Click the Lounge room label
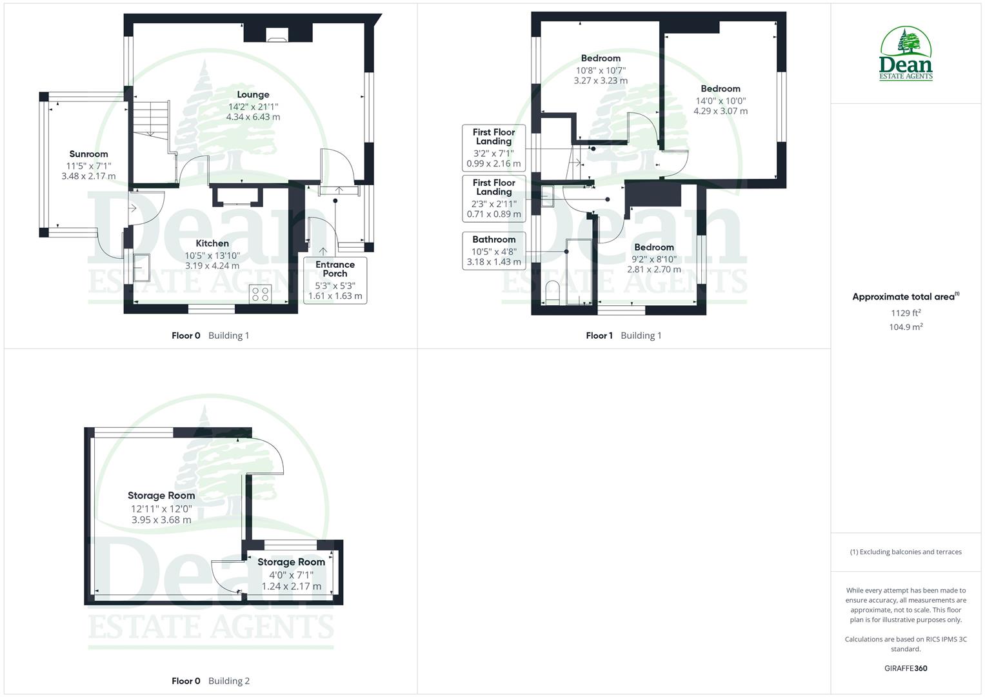pos(253,95)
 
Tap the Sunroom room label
pos(88,154)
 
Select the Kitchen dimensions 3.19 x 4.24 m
pos(212,265)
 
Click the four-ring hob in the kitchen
pos(261,294)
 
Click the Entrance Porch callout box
pos(335,281)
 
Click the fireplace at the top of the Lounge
pos(278,34)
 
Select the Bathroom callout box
pos(493,250)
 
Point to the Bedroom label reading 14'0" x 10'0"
pos(721,100)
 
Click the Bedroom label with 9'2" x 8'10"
pos(653,258)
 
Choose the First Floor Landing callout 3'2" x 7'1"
pos(493,148)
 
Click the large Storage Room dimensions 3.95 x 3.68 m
pos(161,520)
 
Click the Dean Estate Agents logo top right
pos(906,54)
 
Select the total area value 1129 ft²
pos(905,313)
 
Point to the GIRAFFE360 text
pos(905,668)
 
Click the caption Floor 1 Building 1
pos(623,336)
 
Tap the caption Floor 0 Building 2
pos(210,681)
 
